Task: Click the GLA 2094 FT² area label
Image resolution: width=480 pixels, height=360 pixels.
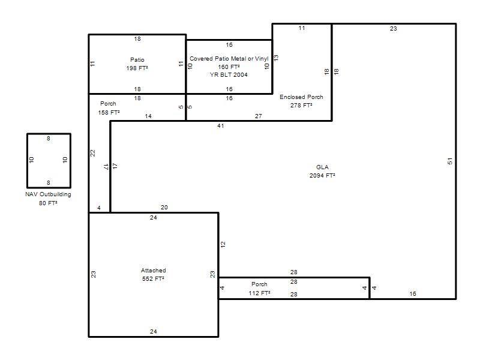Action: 322,172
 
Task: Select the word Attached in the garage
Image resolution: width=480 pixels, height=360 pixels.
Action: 154,271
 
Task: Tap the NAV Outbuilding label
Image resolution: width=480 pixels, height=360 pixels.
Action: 48,194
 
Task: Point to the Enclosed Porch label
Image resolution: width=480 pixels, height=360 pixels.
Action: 301,97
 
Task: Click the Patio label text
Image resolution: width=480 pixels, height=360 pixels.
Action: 137,59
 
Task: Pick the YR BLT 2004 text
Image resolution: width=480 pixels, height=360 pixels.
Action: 229,74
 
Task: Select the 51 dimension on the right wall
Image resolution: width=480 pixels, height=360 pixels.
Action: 449,161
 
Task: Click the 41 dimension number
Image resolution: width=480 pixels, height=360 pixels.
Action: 220,126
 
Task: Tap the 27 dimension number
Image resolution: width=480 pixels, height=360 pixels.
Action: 259,116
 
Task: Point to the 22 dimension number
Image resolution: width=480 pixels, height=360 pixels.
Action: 93,153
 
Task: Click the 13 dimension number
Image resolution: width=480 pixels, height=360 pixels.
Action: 276,58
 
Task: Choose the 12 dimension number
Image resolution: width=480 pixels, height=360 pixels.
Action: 223,244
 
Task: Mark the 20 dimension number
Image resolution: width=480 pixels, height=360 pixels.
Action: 164,207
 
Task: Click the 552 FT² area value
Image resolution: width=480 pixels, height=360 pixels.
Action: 153,278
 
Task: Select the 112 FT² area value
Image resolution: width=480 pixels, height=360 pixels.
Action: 259,293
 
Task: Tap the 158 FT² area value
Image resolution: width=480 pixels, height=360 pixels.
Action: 109,112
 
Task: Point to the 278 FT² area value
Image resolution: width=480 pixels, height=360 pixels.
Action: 301,105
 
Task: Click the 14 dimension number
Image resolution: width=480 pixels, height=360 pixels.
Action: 148,116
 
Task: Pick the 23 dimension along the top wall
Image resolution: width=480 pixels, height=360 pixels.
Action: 394,28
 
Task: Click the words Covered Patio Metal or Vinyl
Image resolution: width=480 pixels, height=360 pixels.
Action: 229,58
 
